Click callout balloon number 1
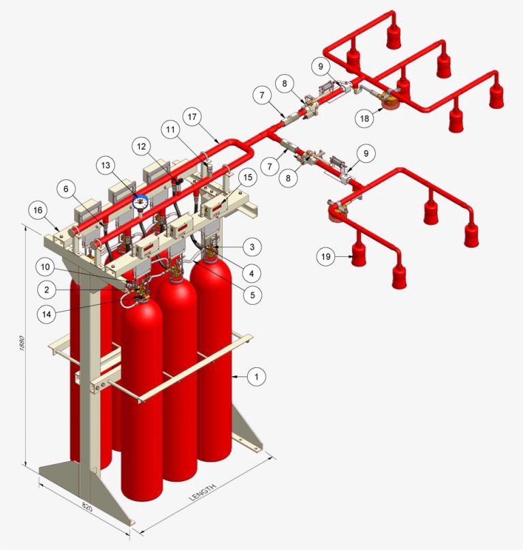click(256, 377)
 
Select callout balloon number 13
click(106, 165)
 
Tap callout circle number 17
click(192, 117)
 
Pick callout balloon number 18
click(364, 118)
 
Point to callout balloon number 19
click(326, 256)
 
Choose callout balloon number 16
click(38, 210)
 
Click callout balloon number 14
click(46, 314)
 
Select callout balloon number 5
click(253, 295)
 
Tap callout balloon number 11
click(170, 129)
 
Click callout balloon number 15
click(247, 177)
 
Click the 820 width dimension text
click(87, 506)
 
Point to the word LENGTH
click(203, 492)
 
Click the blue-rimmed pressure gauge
click(140, 202)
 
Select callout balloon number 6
click(66, 189)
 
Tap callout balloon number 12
click(141, 146)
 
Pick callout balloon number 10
click(45, 267)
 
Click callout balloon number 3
click(252, 247)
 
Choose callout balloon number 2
click(46, 290)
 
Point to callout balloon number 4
click(251, 273)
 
